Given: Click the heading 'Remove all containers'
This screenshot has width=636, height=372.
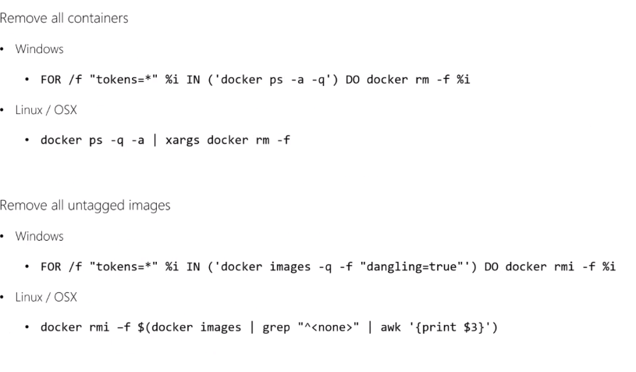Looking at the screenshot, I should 64,18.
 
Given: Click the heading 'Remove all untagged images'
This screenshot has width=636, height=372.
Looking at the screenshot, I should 85,206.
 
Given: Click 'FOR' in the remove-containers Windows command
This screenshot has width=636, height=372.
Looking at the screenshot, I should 51,80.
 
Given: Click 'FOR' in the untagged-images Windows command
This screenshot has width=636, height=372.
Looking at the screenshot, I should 51,266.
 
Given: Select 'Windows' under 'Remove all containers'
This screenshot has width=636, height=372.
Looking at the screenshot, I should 39,49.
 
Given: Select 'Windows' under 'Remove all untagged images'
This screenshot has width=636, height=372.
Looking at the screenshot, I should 39,236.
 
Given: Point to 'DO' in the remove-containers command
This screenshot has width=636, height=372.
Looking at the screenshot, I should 353,80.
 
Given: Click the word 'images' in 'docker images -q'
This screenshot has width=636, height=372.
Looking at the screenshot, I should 283,266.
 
